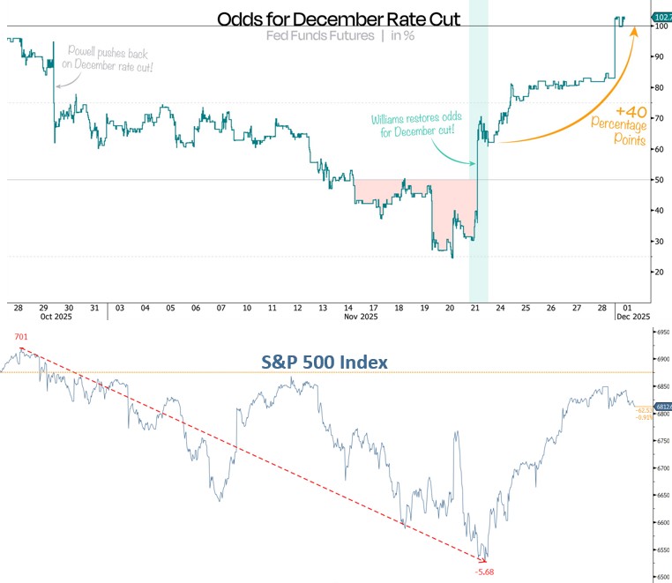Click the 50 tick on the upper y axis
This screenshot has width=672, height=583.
coord(657,180)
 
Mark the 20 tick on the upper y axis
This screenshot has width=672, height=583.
coord(657,272)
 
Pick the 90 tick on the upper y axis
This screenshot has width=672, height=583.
coord(657,57)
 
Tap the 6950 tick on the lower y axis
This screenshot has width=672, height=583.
coord(660,333)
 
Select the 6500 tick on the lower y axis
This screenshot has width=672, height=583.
coord(660,577)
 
